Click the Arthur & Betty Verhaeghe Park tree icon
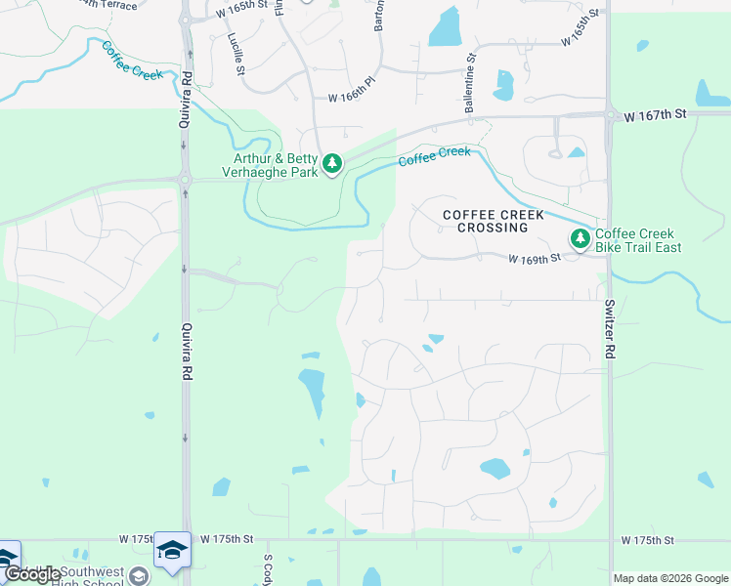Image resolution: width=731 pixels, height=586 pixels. (332, 162)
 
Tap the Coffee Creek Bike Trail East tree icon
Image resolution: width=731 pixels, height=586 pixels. (580, 237)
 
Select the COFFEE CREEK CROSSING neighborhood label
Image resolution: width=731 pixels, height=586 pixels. (485, 221)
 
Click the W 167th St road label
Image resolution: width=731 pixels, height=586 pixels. (661, 114)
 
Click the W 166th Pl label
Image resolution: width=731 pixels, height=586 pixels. (353, 98)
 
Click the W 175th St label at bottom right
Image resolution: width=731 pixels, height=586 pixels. (646, 540)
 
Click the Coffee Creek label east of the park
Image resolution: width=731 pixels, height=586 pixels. (434, 156)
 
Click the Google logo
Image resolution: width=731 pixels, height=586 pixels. (32, 574)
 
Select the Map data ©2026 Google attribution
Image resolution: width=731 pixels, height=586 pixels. (670, 578)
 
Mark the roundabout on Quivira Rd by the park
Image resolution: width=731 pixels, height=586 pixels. (184, 179)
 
